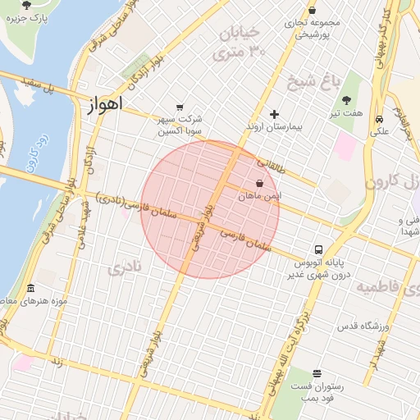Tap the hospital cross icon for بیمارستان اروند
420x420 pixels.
click(274, 114)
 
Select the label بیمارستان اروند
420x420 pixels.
click(274, 128)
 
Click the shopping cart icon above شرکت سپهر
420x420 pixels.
click(180, 107)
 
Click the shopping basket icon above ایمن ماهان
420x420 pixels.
click(260, 183)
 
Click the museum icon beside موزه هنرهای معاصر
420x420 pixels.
click(31, 288)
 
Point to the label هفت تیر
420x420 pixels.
click(345, 113)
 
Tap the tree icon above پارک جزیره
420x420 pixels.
click(27, 4)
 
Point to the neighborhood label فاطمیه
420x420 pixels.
click(381, 287)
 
